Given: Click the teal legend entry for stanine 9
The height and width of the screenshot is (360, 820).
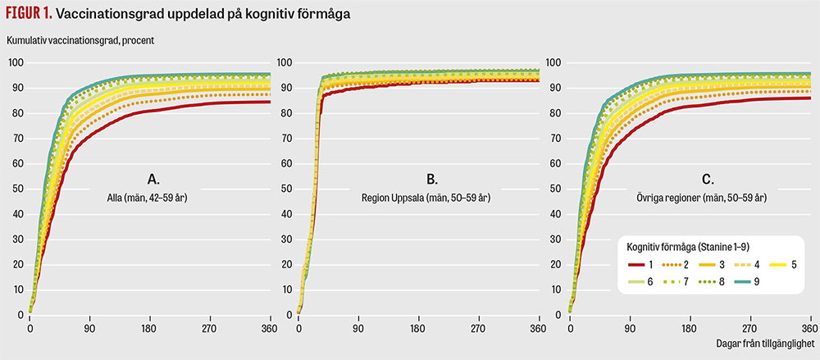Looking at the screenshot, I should pyautogui.click(x=748, y=283).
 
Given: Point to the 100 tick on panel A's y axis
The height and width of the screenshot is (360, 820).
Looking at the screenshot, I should pyautogui.click(x=16, y=63).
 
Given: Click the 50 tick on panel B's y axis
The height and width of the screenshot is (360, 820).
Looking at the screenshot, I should pyautogui.click(x=286, y=189).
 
